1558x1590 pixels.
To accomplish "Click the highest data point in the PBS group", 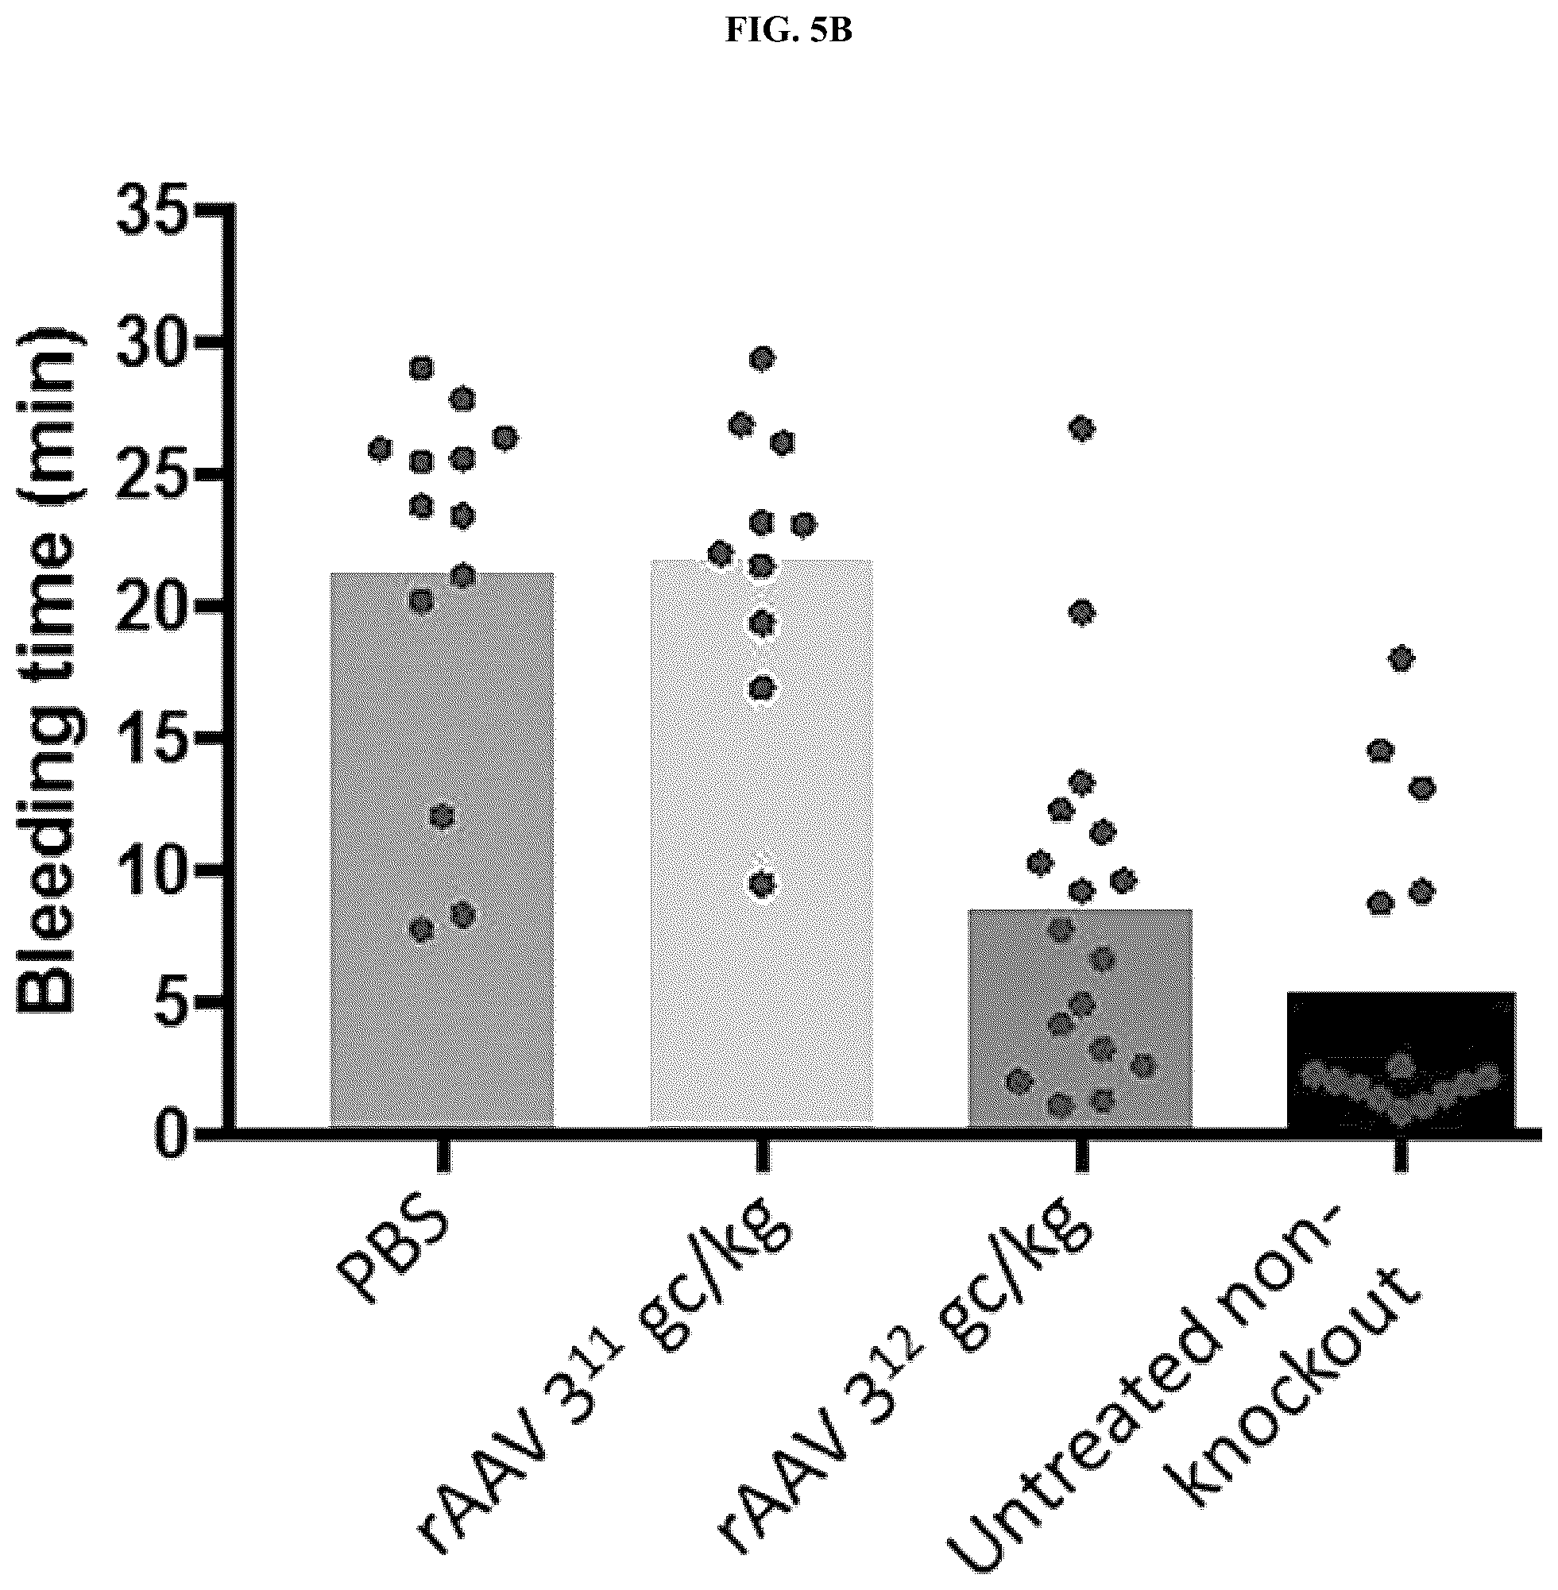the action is (421, 368).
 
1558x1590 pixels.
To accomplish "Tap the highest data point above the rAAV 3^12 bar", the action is (1082, 429).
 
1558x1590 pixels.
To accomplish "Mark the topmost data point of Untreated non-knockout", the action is (1401, 658).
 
